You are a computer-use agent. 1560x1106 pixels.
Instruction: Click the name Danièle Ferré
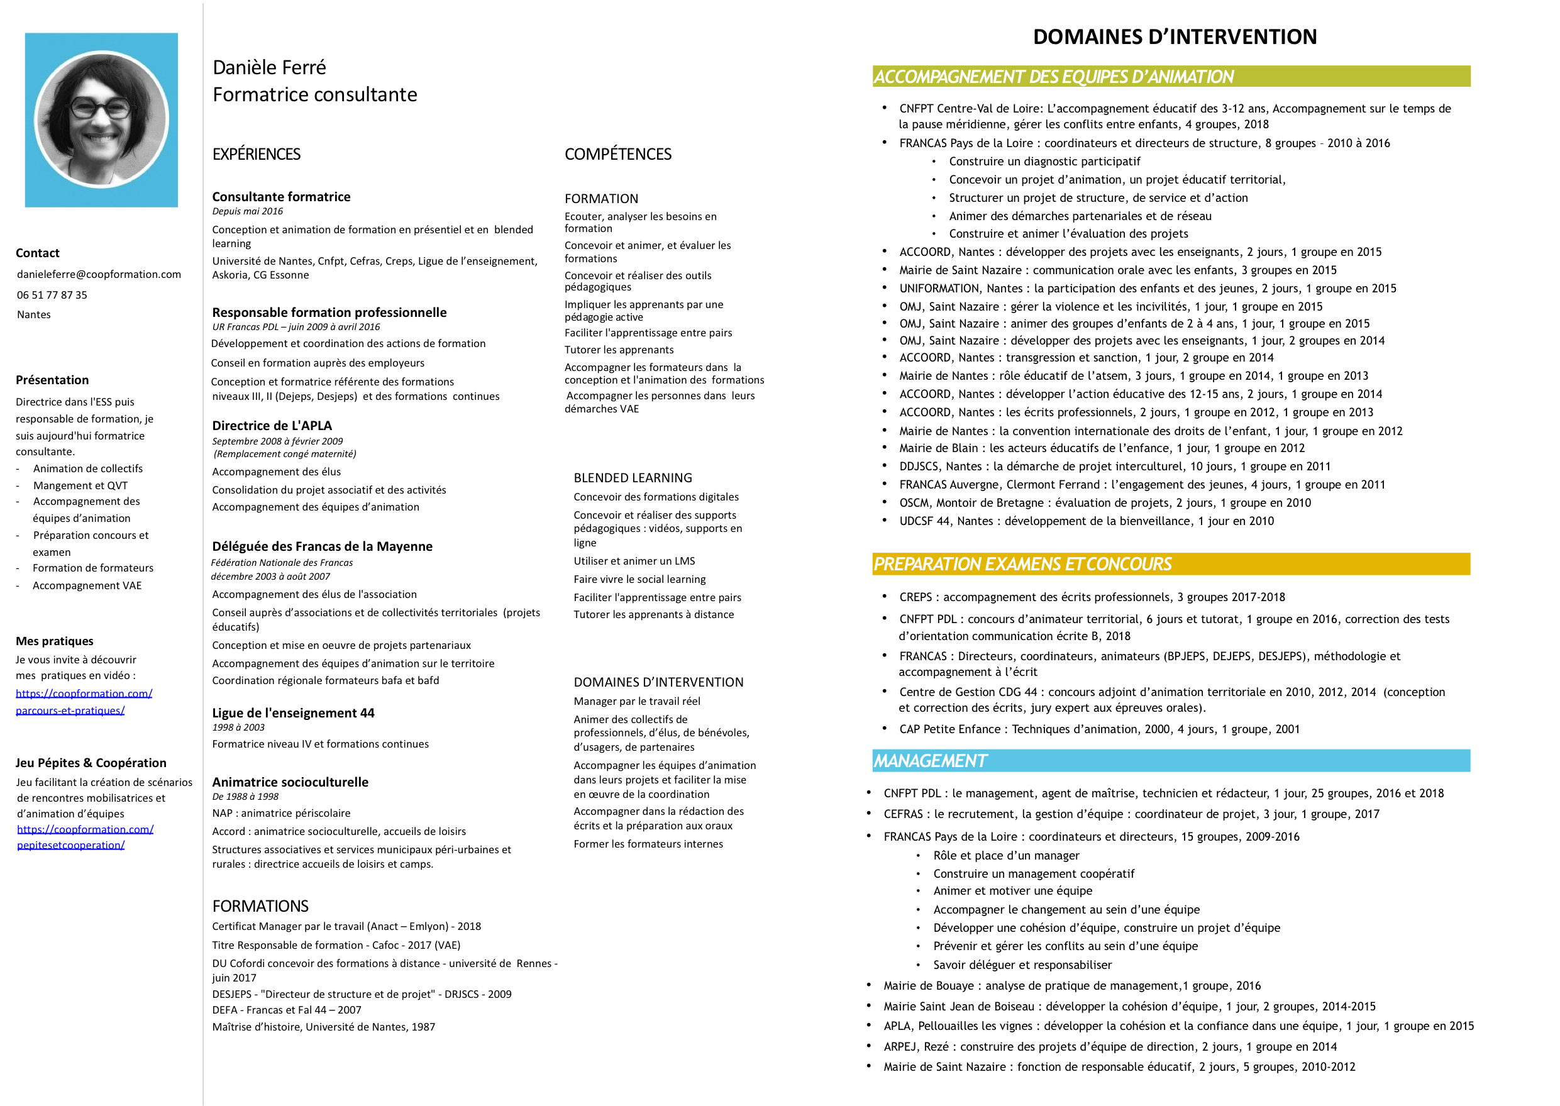click(x=269, y=67)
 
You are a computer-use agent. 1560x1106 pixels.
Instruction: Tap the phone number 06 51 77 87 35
click(x=52, y=295)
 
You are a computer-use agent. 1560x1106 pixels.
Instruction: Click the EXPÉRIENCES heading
click(x=256, y=155)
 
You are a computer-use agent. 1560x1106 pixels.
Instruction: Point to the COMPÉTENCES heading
click(x=617, y=155)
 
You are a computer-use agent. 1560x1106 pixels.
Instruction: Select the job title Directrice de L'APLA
click(x=272, y=426)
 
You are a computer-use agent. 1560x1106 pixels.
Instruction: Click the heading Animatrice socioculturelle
click(x=290, y=782)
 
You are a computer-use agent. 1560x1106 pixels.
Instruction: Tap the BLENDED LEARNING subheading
click(x=633, y=478)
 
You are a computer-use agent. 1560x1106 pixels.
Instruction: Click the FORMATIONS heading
click(x=260, y=906)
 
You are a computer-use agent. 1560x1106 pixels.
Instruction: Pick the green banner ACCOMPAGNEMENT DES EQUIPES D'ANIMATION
click(x=1171, y=76)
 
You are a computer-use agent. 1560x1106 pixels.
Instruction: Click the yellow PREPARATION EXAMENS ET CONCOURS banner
click(x=1171, y=564)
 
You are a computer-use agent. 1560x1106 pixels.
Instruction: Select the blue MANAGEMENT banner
click(x=1171, y=761)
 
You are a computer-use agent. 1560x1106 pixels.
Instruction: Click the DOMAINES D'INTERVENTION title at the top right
click(x=1175, y=36)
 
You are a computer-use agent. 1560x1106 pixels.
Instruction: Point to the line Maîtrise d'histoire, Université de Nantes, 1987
click(x=323, y=1027)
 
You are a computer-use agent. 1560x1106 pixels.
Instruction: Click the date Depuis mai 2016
click(x=247, y=211)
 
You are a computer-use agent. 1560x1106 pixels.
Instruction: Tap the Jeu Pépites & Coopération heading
click(x=91, y=763)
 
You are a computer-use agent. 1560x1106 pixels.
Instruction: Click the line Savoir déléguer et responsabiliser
click(x=1022, y=965)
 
